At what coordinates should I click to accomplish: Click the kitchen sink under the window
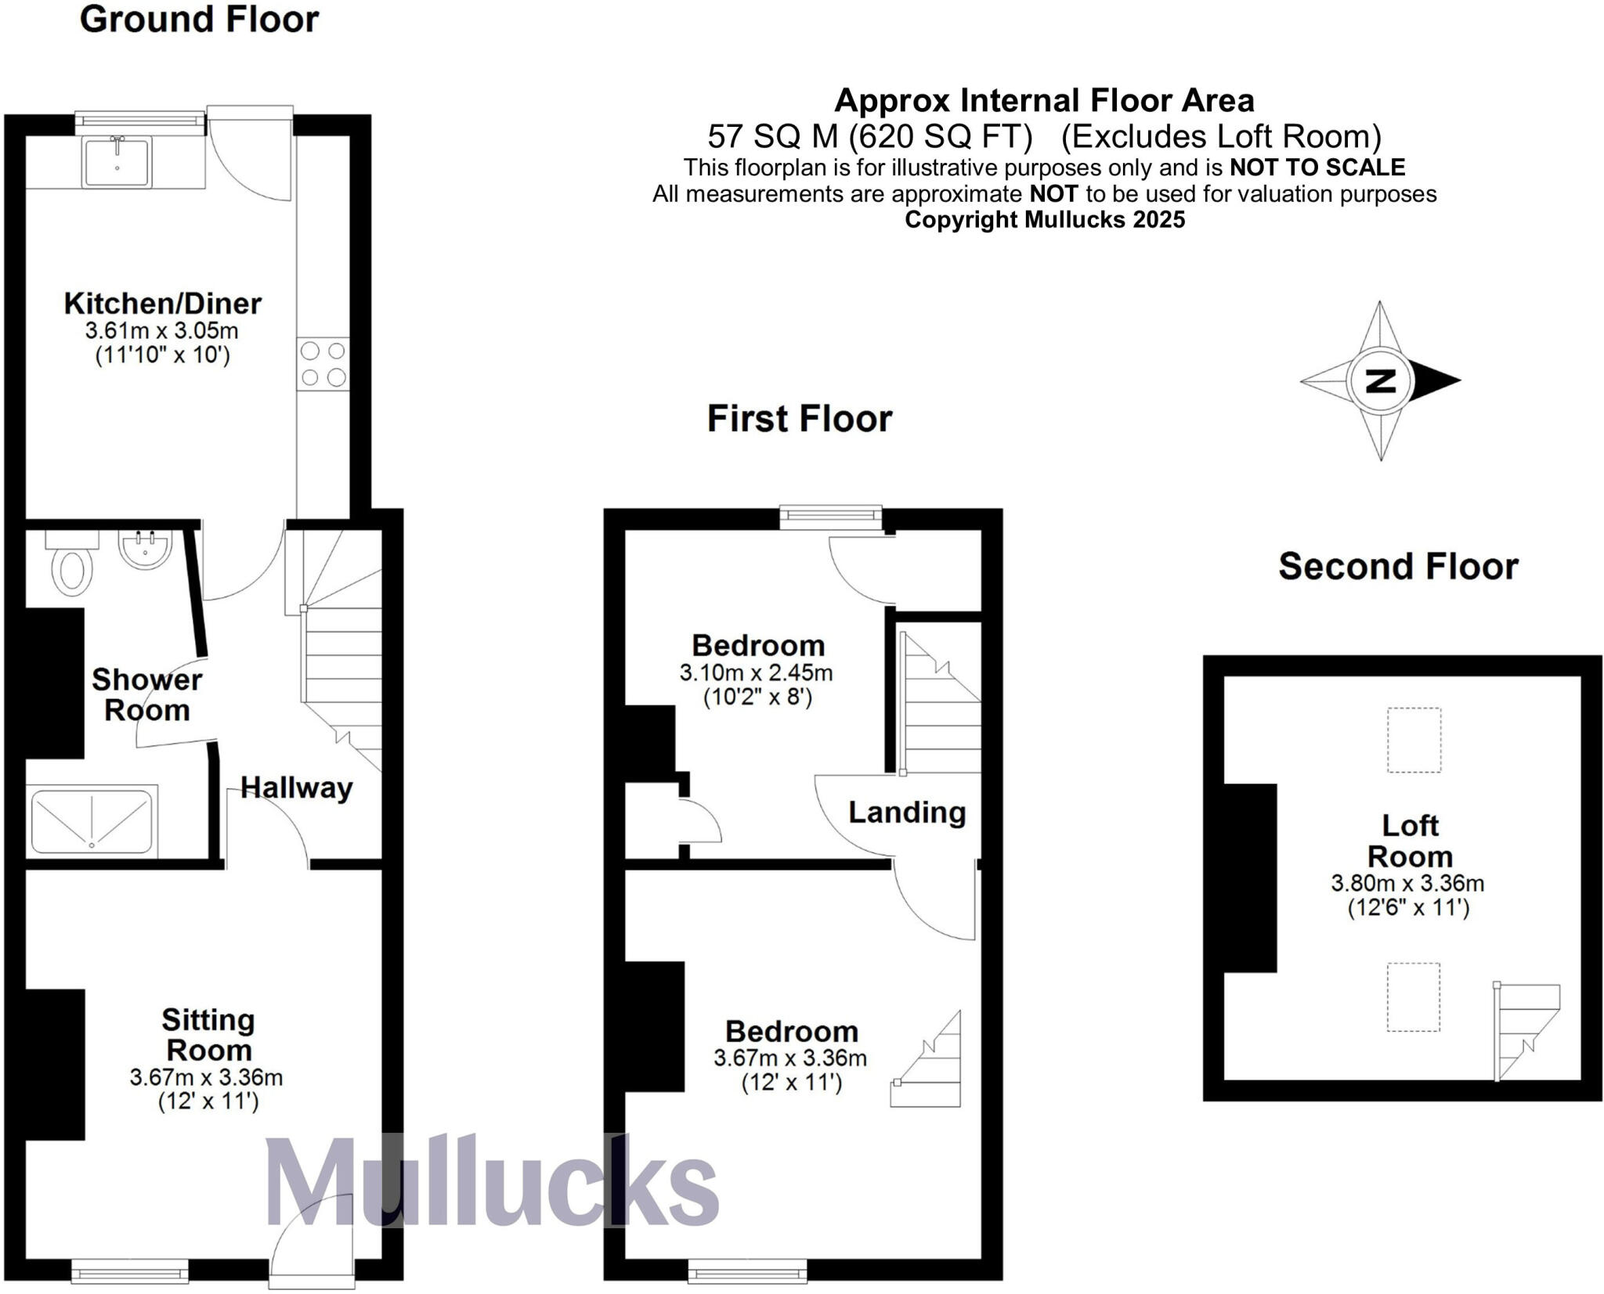[x=117, y=162]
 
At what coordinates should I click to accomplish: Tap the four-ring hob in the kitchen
[x=323, y=363]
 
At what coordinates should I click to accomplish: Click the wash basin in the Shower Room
[x=145, y=547]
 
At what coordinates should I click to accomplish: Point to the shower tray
[x=92, y=821]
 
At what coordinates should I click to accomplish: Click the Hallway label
[x=296, y=788]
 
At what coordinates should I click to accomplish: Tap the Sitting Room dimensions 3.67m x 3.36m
[x=206, y=1077]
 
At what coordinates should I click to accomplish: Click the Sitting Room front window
[x=130, y=1272]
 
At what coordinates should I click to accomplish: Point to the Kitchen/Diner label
[x=162, y=304]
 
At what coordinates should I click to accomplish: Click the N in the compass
[x=1380, y=381]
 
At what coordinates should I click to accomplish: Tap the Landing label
[x=907, y=813]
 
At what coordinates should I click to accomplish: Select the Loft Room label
[x=1409, y=841]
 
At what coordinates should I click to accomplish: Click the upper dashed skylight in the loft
[x=1414, y=740]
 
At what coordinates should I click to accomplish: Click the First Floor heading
[x=799, y=419]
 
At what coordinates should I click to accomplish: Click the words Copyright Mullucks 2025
[x=1044, y=220]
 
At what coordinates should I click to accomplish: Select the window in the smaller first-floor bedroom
[x=831, y=515]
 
